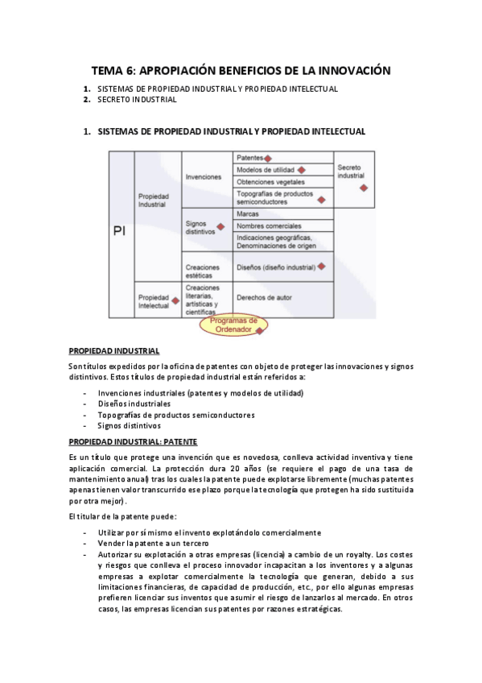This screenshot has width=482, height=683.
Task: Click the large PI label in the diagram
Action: point(118,231)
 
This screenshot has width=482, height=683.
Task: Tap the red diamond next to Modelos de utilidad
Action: point(301,170)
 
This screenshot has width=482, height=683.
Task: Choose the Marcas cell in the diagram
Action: point(248,213)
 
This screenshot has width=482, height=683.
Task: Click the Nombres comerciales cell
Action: point(269,226)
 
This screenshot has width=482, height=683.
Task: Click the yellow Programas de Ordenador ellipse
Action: point(233,325)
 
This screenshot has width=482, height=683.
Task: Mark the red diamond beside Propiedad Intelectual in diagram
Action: point(174,300)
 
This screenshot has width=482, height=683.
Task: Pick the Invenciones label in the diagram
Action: point(203,176)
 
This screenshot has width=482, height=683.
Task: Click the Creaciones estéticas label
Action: point(203,271)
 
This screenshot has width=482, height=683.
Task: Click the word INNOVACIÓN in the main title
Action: point(350,71)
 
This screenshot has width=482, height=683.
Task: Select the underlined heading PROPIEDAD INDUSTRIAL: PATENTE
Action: point(133,441)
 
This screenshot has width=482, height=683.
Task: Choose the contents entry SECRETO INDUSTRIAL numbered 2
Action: point(137,100)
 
